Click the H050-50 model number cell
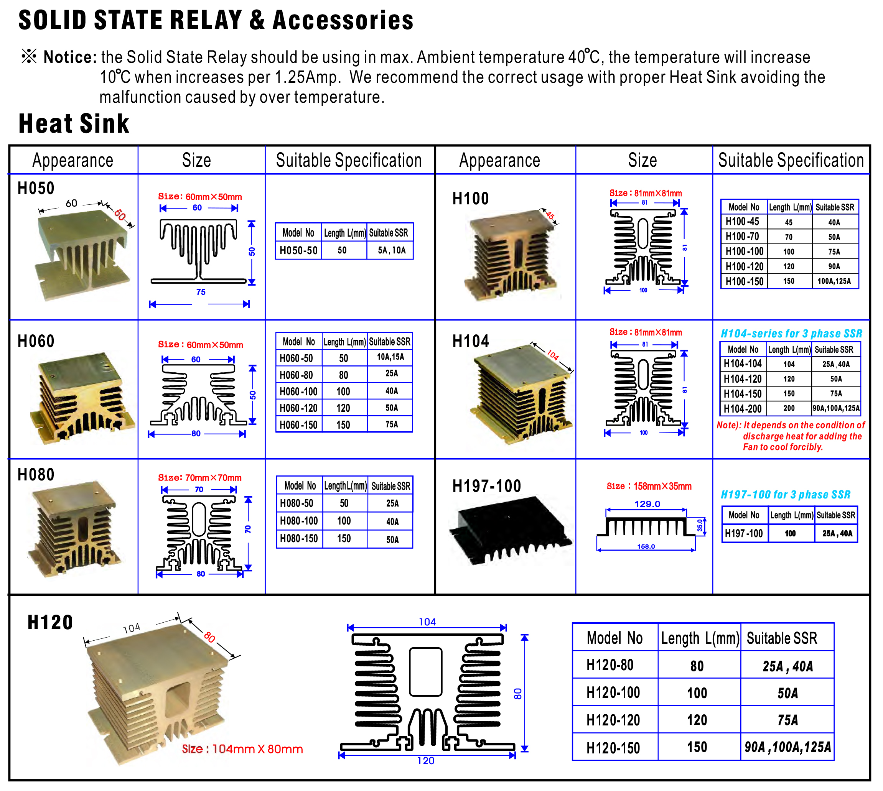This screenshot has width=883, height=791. (x=298, y=250)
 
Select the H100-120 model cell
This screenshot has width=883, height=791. (x=744, y=266)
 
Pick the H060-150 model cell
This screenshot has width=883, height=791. (x=298, y=424)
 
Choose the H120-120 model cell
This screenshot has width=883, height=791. (x=613, y=720)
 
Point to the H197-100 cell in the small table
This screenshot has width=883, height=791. (x=744, y=533)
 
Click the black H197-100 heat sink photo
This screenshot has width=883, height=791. (x=511, y=530)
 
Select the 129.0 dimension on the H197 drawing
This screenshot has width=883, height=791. (x=647, y=504)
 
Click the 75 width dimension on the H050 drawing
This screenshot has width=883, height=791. (x=201, y=292)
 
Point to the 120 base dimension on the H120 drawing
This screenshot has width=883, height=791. (x=426, y=761)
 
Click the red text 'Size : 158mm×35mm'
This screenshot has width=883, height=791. (x=649, y=486)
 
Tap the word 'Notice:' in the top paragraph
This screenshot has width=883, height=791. (x=70, y=58)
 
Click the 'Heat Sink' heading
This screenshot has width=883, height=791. (x=74, y=123)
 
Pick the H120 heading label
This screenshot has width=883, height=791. (x=50, y=622)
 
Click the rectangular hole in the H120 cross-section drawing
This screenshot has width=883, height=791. (x=426, y=672)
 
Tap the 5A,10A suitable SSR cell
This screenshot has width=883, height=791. (x=391, y=250)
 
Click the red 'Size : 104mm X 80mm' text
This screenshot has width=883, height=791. (x=242, y=749)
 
